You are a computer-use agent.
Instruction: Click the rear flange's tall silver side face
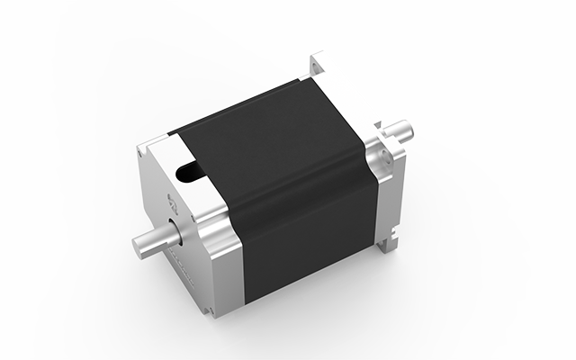click(387, 198)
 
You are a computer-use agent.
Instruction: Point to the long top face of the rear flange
click(346, 90)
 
